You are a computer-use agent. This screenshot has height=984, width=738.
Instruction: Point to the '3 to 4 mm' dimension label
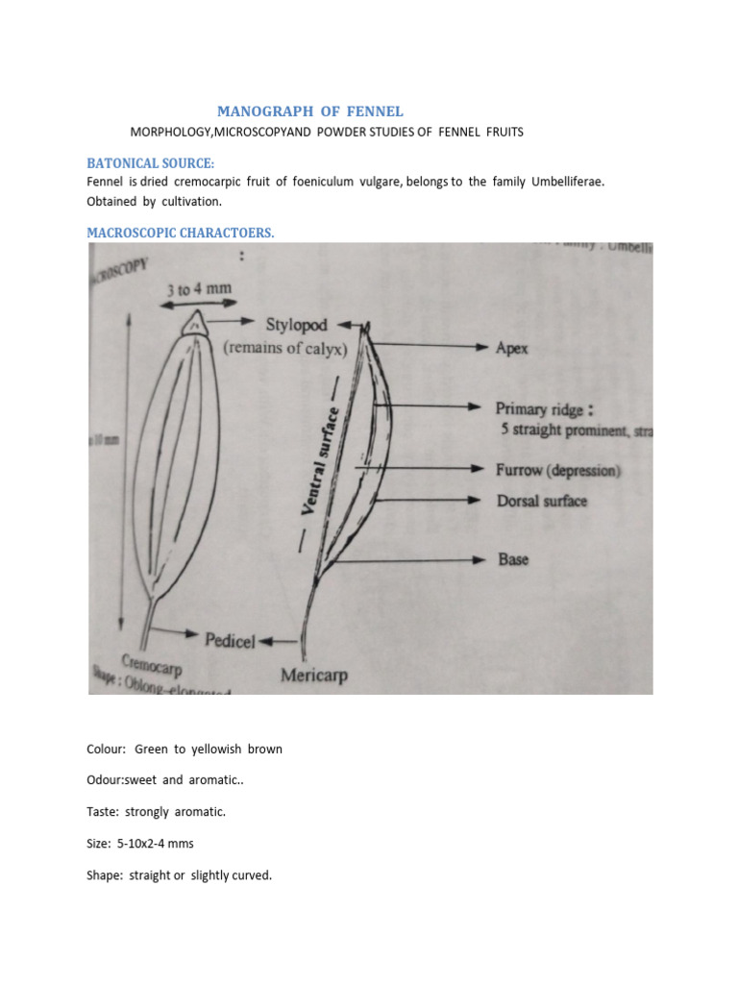pyautogui.click(x=199, y=287)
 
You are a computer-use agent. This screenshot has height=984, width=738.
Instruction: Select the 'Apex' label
pyautogui.click(x=512, y=350)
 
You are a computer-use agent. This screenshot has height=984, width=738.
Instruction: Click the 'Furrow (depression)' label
pyautogui.click(x=557, y=471)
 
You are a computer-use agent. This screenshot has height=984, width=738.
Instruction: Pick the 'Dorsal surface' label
pyautogui.click(x=541, y=501)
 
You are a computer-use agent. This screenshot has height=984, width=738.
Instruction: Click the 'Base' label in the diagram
pyautogui.click(x=512, y=558)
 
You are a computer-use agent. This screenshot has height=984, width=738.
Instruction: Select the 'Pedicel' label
pyautogui.click(x=230, y=640)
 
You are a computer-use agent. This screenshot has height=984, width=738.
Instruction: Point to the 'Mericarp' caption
pyautogui.click(x=314, y=676)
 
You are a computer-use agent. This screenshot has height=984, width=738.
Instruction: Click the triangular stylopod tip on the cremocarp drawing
pyautogui.click(x=197, y=323)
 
